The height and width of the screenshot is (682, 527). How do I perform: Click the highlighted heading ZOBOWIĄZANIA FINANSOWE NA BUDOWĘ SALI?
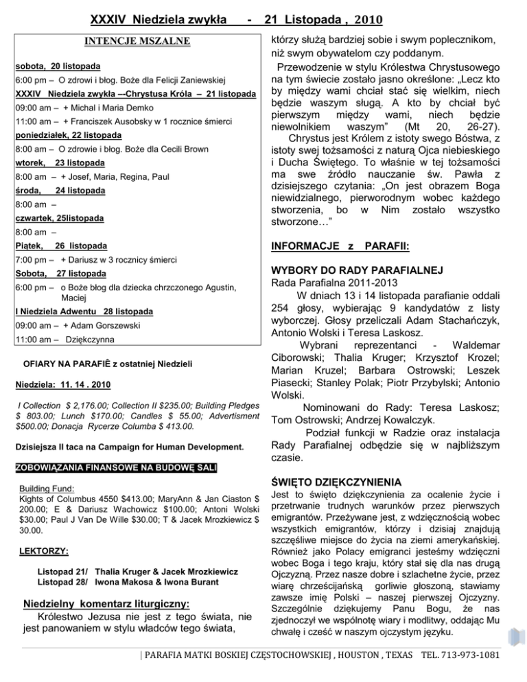[x=116, y=469]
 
